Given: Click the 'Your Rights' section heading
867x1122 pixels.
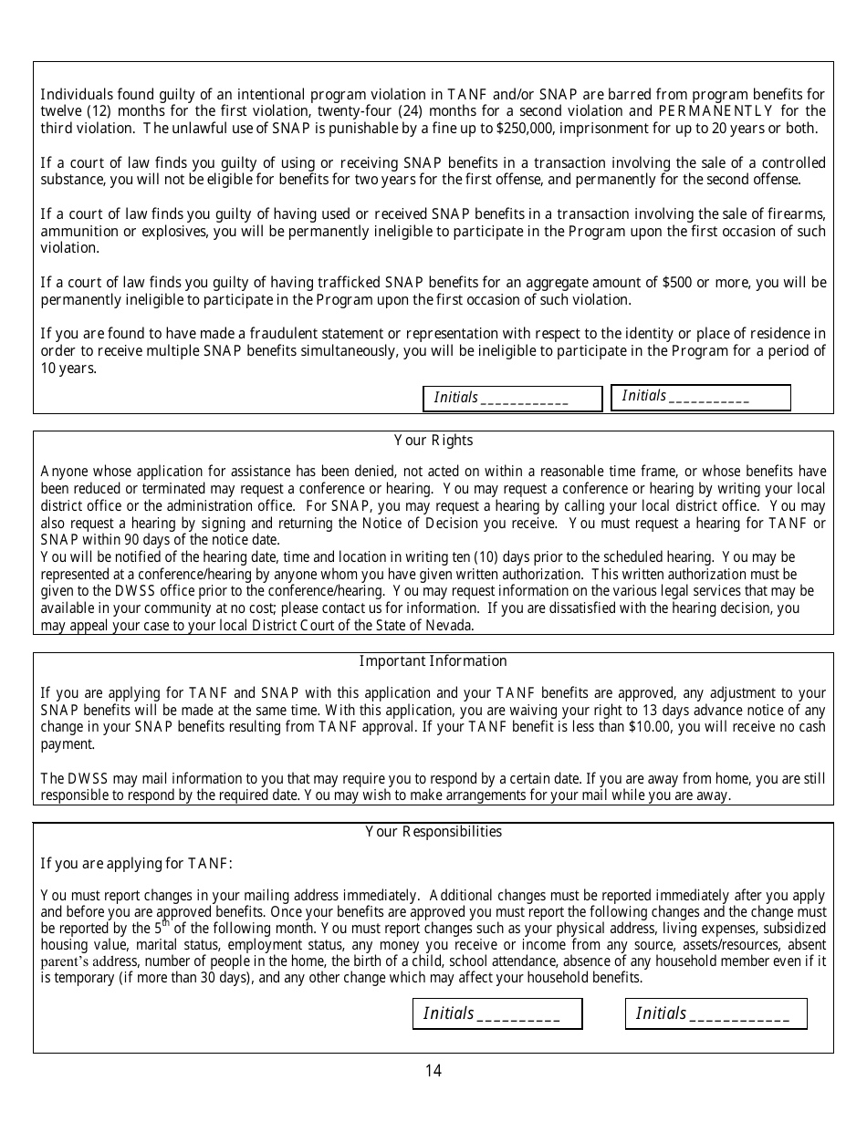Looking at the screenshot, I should [433, 441].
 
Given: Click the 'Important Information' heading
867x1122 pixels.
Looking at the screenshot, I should [433, 661].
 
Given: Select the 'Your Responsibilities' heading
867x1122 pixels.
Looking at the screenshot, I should [433, 832].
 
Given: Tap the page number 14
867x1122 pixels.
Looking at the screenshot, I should [433, 1071].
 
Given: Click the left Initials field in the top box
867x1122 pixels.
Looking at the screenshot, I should [512, 399].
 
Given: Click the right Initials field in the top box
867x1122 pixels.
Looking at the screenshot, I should [700, 397].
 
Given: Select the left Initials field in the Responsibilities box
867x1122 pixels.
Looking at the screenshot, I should [497, 1013].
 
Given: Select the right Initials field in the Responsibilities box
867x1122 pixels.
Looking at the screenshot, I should [716, 1013].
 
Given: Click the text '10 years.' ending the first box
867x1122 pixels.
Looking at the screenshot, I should [68, 369].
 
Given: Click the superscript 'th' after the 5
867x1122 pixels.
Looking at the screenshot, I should [166, 923].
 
